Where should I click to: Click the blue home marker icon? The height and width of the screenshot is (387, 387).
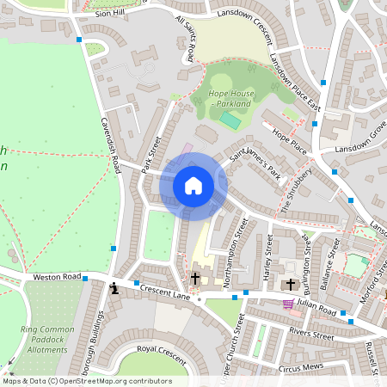coord(193,185)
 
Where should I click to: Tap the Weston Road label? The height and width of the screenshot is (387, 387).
coord(57,277)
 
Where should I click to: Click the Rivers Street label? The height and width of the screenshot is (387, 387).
coord(311,334)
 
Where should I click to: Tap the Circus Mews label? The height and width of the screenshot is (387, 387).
coord(299,366)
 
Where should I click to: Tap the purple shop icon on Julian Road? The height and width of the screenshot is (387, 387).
coord(287,304)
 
